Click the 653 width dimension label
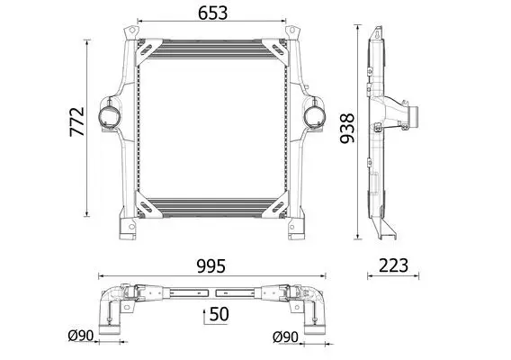pos(213,13)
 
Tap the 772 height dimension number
pos(77,121)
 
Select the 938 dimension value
pos(347,128)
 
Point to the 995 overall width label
pos(211,266)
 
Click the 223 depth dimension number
pos(393,265)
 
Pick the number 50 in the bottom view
pos(219,314)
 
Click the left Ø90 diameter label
pos(81,335)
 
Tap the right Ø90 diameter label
pos(285,337)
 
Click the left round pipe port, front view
pos(109,115)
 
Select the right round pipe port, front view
pos(315,115)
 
